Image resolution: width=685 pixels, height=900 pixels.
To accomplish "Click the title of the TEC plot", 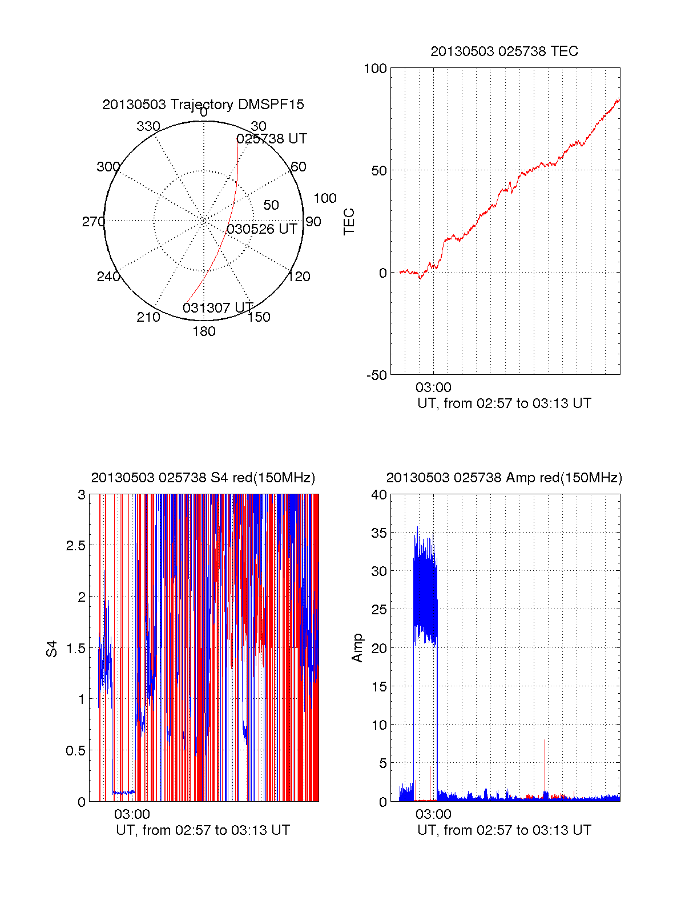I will click(x=504, y=51).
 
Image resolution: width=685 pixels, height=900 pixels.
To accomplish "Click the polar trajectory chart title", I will click(x=203, y=105).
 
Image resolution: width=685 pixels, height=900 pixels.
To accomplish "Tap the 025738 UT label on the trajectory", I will click(x=272, y=139).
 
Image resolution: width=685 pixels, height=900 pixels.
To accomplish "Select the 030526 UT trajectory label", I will click(x=262, y=229).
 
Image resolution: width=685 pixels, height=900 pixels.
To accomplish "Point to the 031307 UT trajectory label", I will click(x=218, y=308).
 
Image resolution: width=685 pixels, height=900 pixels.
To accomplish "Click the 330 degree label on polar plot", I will click(x=148, y=126).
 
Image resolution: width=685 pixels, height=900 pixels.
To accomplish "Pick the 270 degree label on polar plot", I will click(x=93, y=222).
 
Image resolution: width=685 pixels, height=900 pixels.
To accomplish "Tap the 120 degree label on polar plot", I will click(x=299, y=277).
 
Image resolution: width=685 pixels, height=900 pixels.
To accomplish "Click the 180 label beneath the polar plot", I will click(x=204, y=331).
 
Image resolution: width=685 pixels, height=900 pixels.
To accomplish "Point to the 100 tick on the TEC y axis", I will click(x=375, y=69).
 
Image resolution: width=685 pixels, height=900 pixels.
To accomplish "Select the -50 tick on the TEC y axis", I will click(x=376, y=375).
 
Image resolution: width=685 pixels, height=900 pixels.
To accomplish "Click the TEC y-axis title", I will click(x=349, y=222).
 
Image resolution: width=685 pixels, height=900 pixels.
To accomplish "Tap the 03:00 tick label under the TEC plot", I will click(x=433, y=387).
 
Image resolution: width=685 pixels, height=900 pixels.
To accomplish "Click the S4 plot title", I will click(x=203, y=478).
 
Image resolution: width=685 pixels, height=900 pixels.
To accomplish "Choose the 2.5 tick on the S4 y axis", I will click(x=75, y=546).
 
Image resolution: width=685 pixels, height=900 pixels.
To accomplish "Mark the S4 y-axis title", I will click(x=52, y=649).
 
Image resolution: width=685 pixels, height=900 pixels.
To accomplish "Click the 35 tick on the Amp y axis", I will click(x=379, y=533).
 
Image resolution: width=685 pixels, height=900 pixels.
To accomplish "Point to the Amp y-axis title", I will click(x=357, y=648).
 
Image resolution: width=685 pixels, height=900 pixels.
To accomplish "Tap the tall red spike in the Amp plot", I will click(x=545, y=760).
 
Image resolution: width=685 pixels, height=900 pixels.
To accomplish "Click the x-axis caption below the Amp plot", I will click(x=504, y=830).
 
